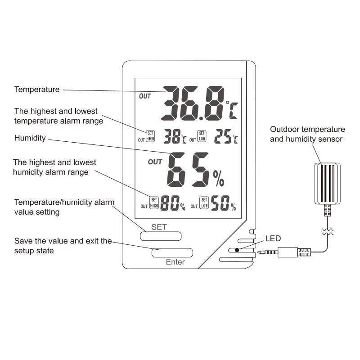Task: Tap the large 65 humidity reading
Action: pyautogui.click(x=189, y=171)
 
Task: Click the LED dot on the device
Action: pyautogui.click(x=236, y=249)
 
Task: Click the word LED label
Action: pyautogui.click(x=273, y=238)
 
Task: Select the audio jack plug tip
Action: pyautogui.click(x=261, y=252)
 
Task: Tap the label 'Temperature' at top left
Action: pyautogui.click(x=37, y=89)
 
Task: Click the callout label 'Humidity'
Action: pyautogui.click(x=30, y=138)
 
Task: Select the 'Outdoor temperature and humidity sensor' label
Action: pyautogui.click(x=307, y=134)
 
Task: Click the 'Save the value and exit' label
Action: pyautogui.click(x=63, y=246)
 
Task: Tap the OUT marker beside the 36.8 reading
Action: pyautogui.click(x=145, y=96)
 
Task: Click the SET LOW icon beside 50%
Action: pyautogui.click(x=204, y=203)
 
